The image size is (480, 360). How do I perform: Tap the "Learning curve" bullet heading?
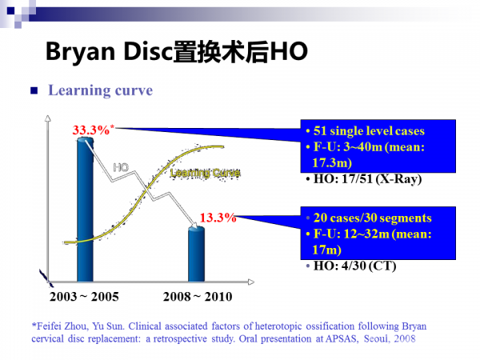tap(100, 90)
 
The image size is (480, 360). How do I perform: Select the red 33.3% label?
tap(92, 130)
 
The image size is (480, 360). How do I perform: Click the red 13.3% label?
tap(218, 217)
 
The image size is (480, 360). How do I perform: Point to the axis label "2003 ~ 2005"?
tap(84, 297)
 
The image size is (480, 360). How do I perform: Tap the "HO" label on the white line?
tap(121, 167)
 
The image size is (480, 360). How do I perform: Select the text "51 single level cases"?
tap(369, 131)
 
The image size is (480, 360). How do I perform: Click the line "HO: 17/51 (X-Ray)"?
tap(363, 179)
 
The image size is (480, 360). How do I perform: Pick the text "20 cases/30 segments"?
tap(372, 218)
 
